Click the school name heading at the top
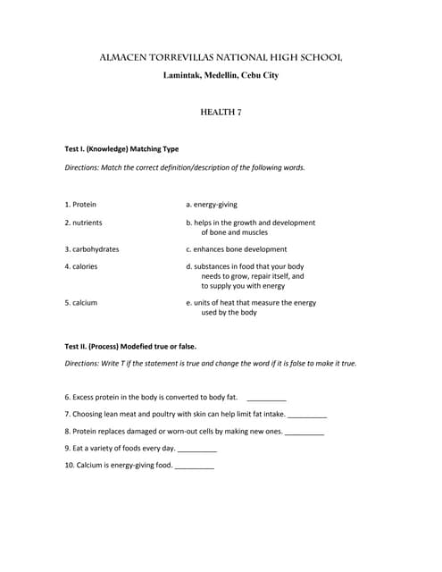tap(221, 58)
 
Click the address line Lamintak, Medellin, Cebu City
tap(221, 75)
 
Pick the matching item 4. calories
tap(81, 266)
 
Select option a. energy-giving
tap(212, 204)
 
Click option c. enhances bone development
tap(237, 249)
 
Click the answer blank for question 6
tap(266, 398)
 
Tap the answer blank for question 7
tap(307, 415)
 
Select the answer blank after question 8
tap(304, 432)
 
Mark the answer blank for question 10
tap(195, 467)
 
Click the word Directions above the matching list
tap(83, 167)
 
